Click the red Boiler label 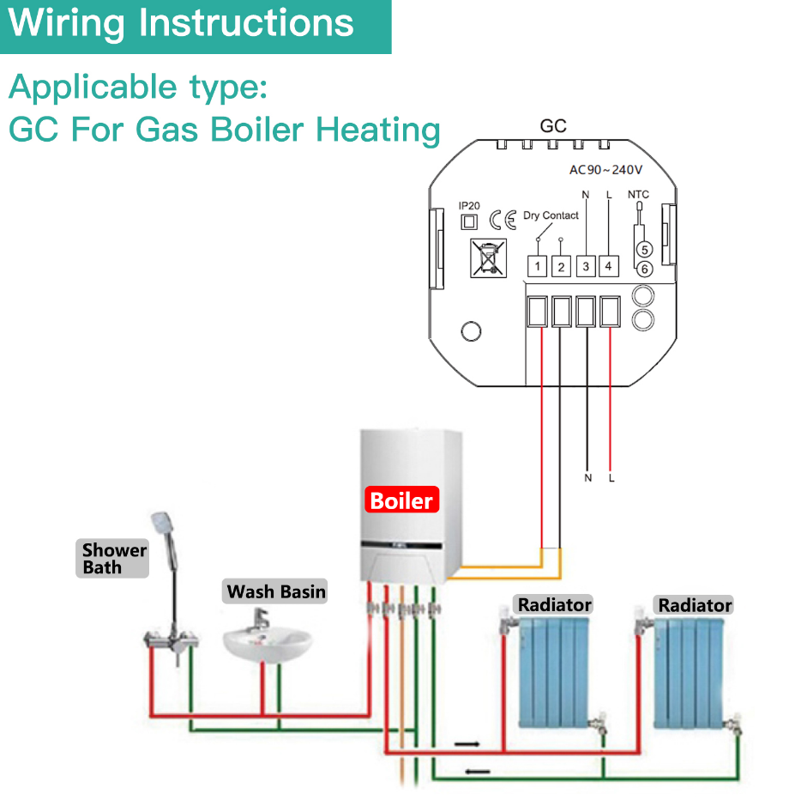tap(402, 500)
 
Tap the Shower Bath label tap(114, 559)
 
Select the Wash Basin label tap(275, 591)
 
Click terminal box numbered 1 tap(537, 267)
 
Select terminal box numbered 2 tap(561, 267)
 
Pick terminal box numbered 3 tap(586, 267)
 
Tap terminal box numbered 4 tap(608, 267)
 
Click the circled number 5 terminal tap(645, 249)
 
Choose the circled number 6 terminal tap(645, 270)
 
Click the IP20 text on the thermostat tap(469, 206)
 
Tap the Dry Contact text tap(551, 215)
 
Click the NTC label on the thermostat tap(639, 195)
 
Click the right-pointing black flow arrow tap(467, 743)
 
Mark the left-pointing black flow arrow tap(477, 771)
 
